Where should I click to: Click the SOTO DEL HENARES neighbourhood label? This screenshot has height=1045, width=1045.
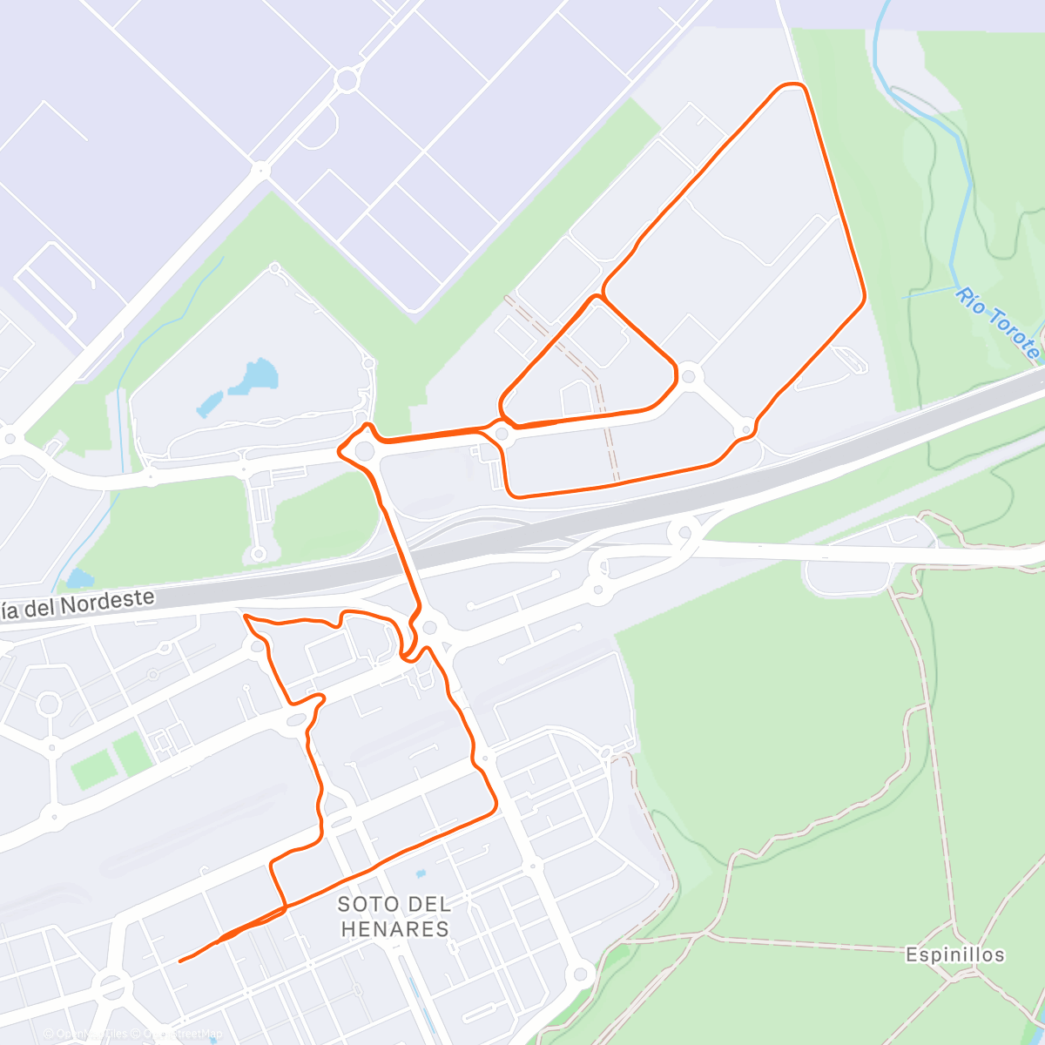click(394, 917)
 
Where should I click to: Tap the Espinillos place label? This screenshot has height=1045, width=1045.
click(954, 954)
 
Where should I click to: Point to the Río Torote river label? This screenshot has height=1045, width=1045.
click(998, 322)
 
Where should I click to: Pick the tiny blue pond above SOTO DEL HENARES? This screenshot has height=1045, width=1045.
click(421, 873)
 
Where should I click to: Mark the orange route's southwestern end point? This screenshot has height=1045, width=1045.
click(180, 961)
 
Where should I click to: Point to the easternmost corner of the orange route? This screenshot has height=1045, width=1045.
click(864, 298)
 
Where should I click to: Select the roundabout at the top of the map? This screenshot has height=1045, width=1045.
click(347, 80)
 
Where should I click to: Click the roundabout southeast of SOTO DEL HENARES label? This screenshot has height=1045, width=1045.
click(581, 973)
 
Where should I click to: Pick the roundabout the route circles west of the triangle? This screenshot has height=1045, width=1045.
click(365, 450)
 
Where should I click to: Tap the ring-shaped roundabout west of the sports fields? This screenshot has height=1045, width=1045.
click(49, 703)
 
